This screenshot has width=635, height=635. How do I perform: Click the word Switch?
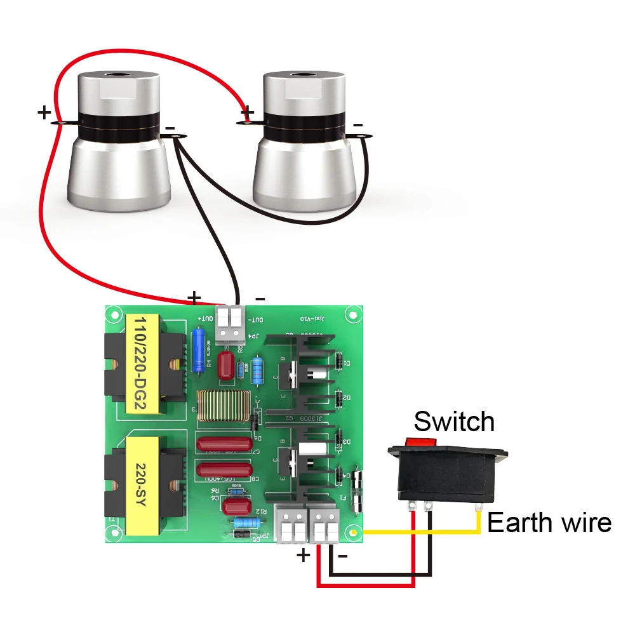pyautogui.click(x=453, y=422)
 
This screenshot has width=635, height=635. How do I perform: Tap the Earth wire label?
pyautogui.click(x=549, y=523)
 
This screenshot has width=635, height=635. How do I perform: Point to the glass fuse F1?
pyautogui.click(x=359, y=490)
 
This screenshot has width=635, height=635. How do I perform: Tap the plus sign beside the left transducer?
pyautogui.click(x=44, y=113)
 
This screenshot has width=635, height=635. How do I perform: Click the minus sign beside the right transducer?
pyautogui.click(x=358, y=124)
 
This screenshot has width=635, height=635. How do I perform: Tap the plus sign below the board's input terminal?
pyautogui.click(x=304, y=556)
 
